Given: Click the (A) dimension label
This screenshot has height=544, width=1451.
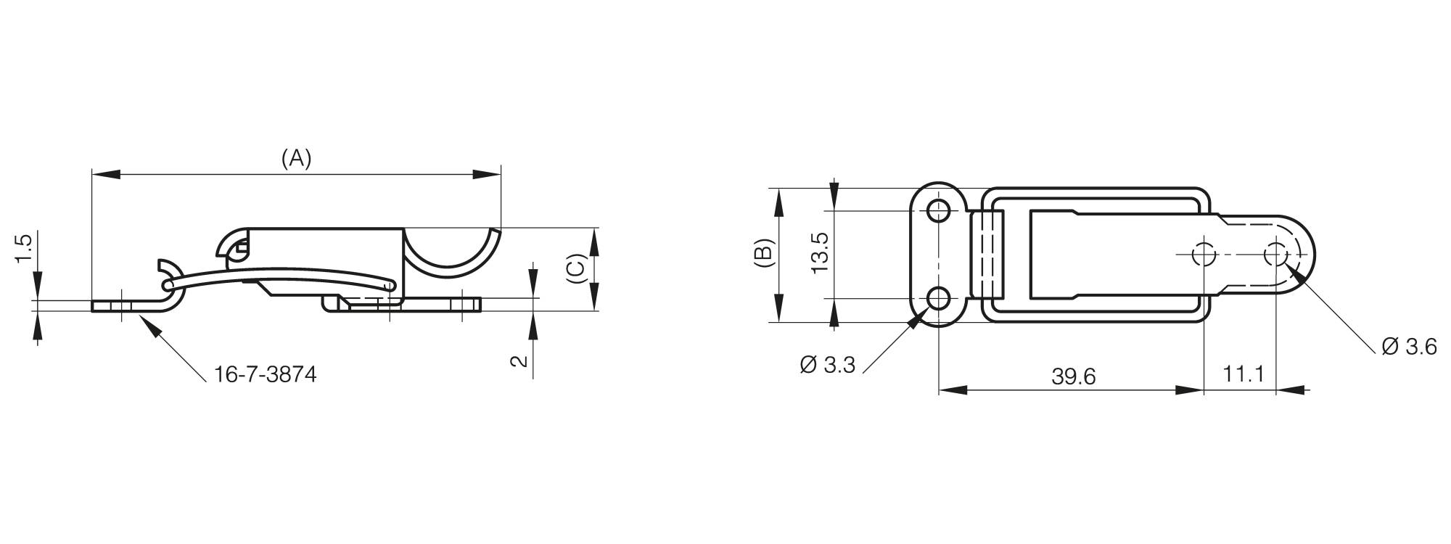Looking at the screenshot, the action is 296,159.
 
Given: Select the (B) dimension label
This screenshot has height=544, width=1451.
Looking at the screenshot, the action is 764,255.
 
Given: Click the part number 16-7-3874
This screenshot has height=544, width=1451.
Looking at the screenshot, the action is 266,375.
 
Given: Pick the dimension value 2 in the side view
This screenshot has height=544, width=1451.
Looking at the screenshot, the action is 519,360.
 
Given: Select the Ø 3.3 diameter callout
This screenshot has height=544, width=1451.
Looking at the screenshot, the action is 828,365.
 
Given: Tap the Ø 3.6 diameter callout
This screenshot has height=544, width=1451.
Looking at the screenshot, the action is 1409,347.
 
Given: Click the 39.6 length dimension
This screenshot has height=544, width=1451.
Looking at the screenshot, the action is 1073,376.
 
